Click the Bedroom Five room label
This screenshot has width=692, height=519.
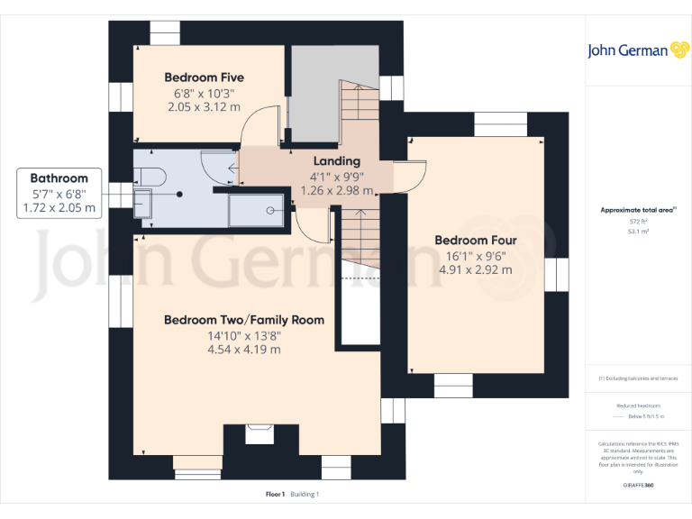pos(204,77)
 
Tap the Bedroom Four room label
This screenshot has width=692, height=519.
pos(476,241)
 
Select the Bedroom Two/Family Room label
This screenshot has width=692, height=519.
pos(244,320)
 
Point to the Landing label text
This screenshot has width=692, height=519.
pos(335,161)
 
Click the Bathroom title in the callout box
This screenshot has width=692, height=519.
pos(59,178)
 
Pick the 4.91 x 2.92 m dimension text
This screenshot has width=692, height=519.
pos(476,269)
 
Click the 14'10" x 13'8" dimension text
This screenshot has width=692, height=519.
pos(244,336)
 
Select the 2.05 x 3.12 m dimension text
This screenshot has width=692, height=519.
pos(204,106)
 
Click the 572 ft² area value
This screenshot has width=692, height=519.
pos(638,221)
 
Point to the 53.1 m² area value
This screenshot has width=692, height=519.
pos(638,232)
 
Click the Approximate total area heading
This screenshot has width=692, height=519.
pos(637,210)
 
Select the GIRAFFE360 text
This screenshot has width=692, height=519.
pos(638,486)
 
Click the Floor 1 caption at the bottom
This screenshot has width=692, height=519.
pos(275,494)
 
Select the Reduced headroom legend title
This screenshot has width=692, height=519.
pos(638,406)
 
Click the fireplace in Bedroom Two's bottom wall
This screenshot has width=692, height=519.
pos(261,433)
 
